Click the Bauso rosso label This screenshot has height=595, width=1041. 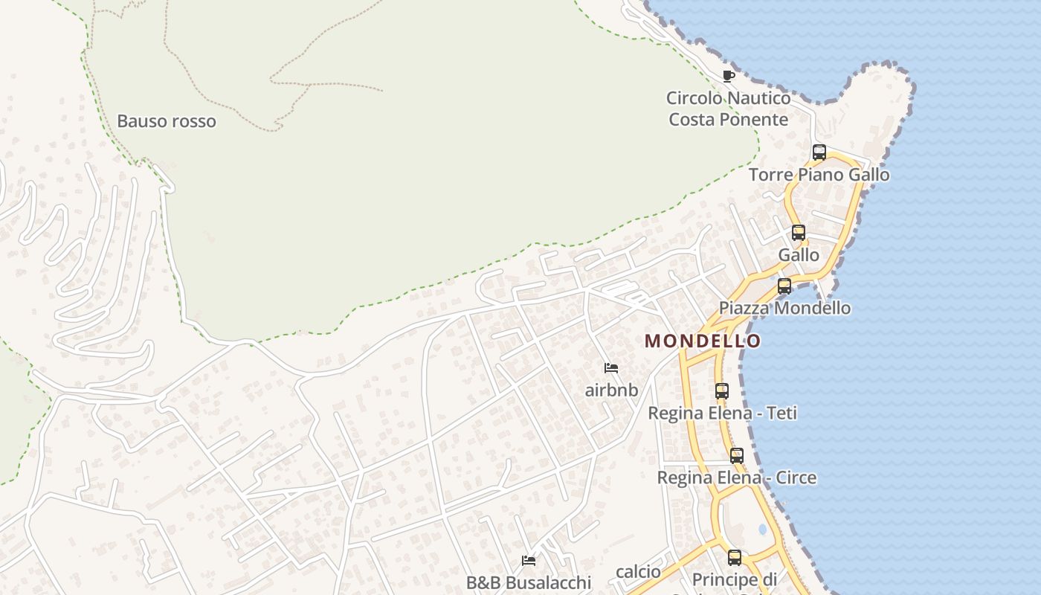tap(167, 121)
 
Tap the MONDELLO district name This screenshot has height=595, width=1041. tap(703, 341)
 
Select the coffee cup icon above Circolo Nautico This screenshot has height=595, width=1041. tap(729, 76)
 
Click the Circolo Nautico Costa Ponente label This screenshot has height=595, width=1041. tap(728, 109)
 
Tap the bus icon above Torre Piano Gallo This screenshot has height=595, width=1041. tap(819, 152)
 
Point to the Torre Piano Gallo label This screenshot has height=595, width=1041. tap(819, 175)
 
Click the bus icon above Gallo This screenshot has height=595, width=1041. tap(799, 233)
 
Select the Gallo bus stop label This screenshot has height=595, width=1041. tap(799, 255)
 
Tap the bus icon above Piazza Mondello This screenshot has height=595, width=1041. tap(784, 286)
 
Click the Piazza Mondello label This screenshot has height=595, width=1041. tap(784, 308)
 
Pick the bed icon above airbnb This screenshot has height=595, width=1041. tap(611, 368)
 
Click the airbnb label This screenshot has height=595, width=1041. tap(611, 390)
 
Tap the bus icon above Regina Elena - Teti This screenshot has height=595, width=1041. tap(722, 390)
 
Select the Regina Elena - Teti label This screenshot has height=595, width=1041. tap(722, 413)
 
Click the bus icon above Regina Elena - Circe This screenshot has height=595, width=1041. tap(736, 456)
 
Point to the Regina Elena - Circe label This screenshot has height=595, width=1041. tap(736, 477)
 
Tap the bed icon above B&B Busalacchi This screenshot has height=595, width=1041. tap(529, 561)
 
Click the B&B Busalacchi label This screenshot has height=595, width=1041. tap(529, 582)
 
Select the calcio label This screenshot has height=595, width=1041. tap(638, 571)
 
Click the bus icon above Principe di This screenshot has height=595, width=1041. tap(735, 557)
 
